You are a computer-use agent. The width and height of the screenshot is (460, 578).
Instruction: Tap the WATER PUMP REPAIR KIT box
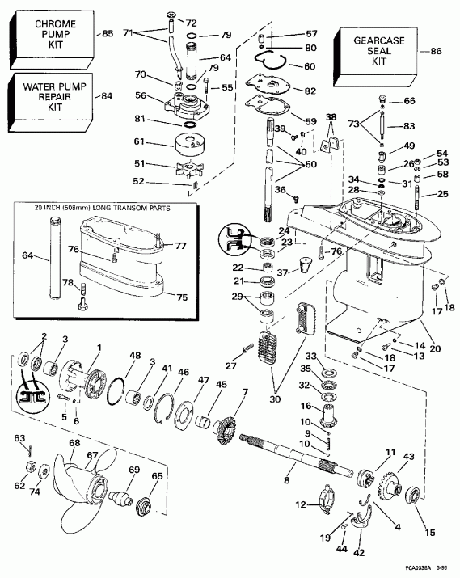47,96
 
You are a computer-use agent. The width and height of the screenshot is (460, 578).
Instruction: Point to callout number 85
107,34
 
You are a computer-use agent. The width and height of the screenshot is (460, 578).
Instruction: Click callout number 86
437,50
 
